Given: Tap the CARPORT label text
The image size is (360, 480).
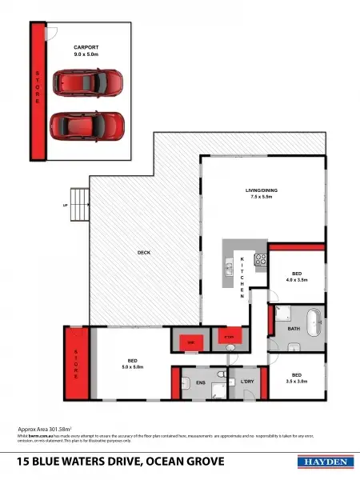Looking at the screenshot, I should pyautogui.click(x=86, y=49).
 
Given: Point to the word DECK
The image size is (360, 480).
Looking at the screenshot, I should pyautogui.click(x=144, y=253).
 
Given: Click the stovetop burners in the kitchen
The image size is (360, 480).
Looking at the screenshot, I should pyautogui.click(x=260, y=259).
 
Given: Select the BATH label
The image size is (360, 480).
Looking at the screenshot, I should pyautogui.click(x=294, y=329).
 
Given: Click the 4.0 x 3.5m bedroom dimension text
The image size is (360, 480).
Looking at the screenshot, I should pyautogui.click(x=297, y=279).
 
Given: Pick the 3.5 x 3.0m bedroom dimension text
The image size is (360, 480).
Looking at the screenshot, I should pyautogui.click(x=297, y=381).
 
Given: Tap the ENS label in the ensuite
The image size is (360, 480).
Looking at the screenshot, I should pyautogui.click(x=200, y=383).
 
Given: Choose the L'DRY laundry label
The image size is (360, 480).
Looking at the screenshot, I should pyautogui.click(x=248, y=383).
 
